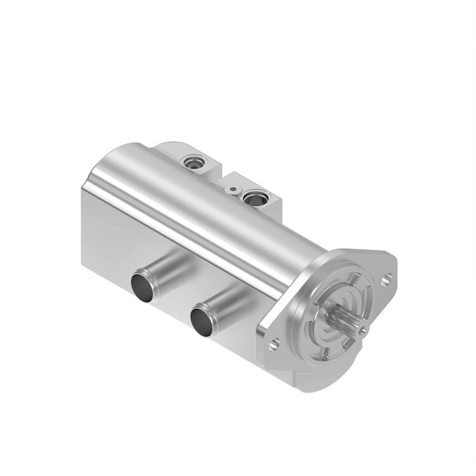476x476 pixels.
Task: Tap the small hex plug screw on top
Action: coord(233,189)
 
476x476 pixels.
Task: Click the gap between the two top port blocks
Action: coord(219,174)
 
